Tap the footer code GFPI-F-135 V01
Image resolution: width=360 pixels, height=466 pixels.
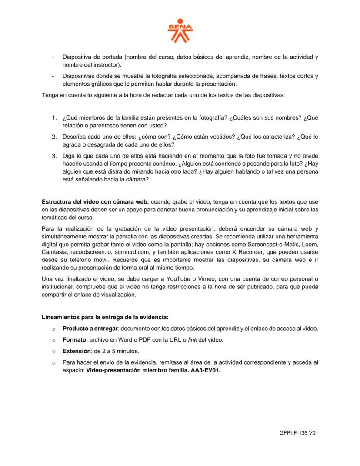point(299,433)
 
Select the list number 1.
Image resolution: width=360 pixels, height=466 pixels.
point(54,118)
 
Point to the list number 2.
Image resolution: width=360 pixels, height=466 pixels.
point(54,137)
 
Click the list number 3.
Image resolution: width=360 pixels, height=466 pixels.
point(54,155)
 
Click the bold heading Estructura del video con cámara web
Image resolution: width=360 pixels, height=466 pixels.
point(95,202)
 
